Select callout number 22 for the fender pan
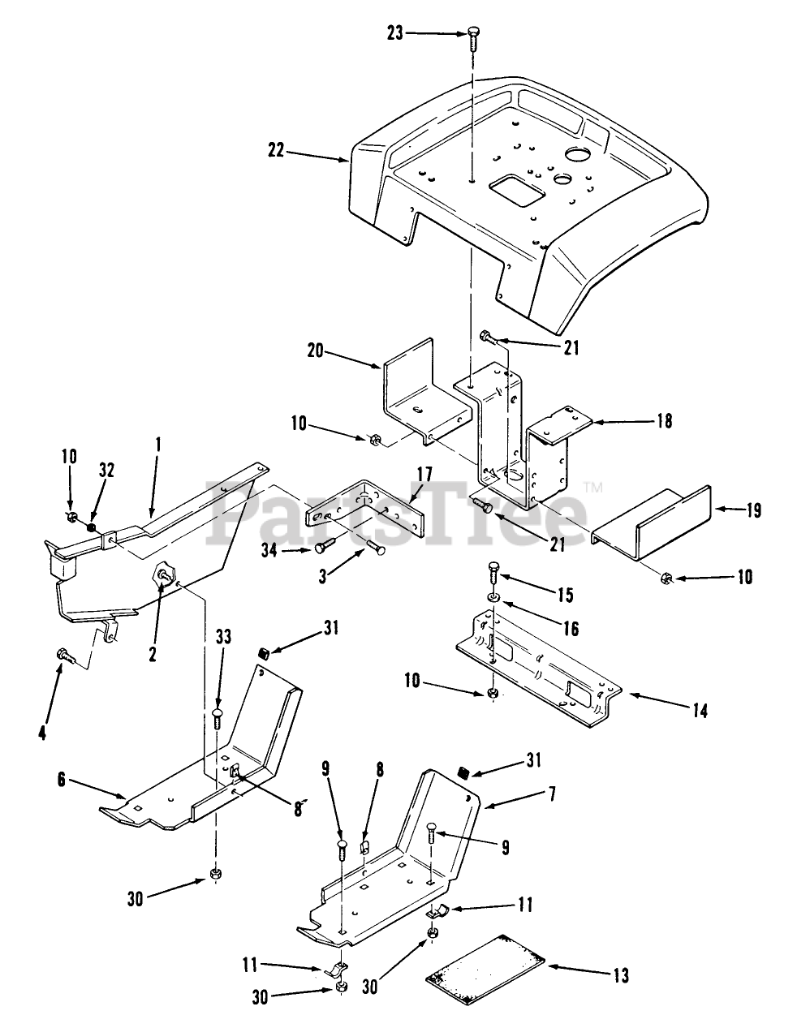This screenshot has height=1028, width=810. (278, 149)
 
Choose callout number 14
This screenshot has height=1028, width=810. (700, 711)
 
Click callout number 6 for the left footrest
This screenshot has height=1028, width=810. (62, 781)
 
